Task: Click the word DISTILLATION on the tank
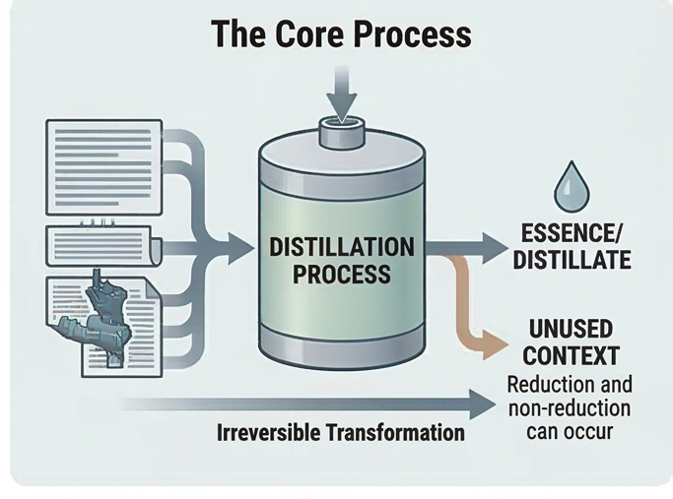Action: pos(342,246)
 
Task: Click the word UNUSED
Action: pos(571,329)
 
